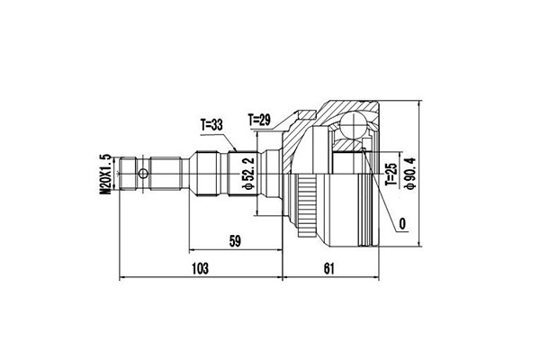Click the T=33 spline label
[x=211, y=125]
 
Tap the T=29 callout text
[x=259, y=120]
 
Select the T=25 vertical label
[x=391, y=175]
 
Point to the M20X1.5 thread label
[x=105, y=175]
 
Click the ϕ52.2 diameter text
[x=248, y=174]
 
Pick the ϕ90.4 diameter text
[x=410, y=173]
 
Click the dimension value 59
[x=235, y=241]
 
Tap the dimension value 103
[x=200, y=268]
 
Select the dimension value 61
[x=328, y=268]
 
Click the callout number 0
[x=402, y=224]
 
